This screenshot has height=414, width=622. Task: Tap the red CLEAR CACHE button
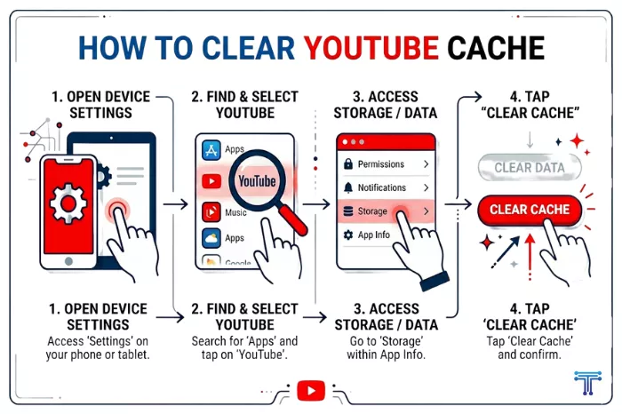click(x=530, y=210)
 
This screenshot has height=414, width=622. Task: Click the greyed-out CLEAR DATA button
click(x=530, y=167)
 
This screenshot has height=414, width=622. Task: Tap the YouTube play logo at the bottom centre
click(x=311, y=390)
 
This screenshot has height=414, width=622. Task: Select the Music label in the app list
click(x=235, y=213)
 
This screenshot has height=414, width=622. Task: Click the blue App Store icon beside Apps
click(x=211, y=149)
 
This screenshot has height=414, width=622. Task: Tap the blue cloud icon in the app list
click(x=211, y=238)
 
